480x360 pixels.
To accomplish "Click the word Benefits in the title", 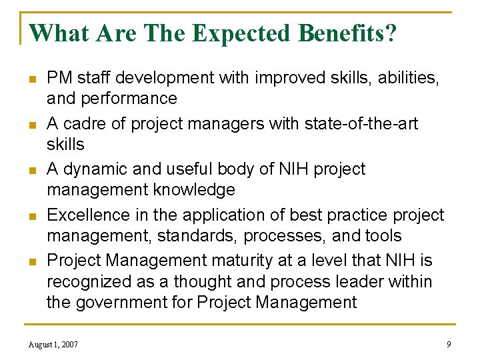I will pyautogui.click(x=340, y=33).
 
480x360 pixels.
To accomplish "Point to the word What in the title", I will pyautogui.click(x=60, y=33).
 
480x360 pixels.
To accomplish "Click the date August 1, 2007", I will pyautogui.click(x=53, y=345).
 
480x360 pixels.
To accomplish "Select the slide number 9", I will pyautogui.click(x=449, y=345).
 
